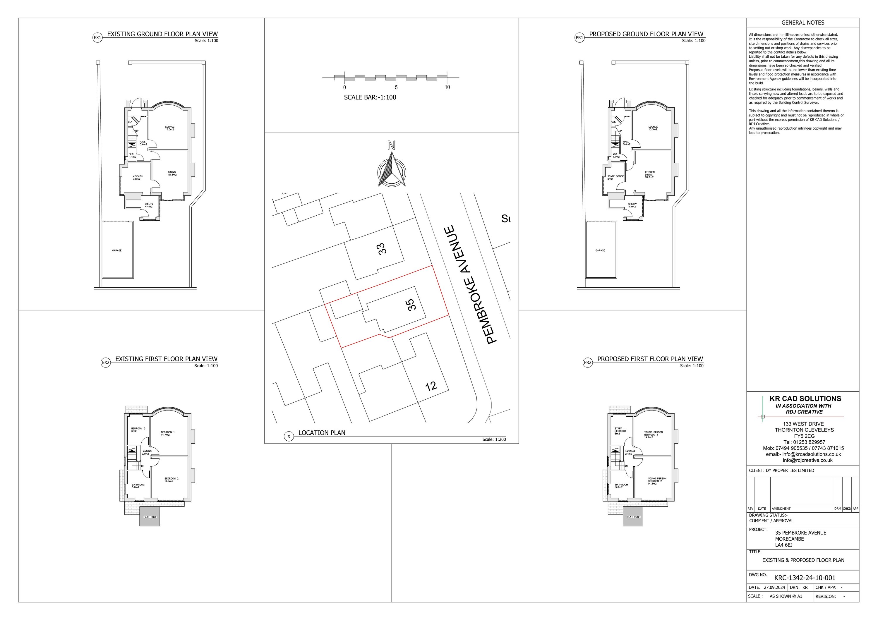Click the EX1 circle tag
[x=97, y=38]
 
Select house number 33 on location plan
[x=382, y=248]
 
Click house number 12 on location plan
[x=431, y=386]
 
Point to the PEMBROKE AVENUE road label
[x=471, y=284]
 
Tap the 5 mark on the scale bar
[x=396, y=87]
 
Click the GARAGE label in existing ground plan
[x=117, y=250]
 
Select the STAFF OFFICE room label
[x=615, y=177]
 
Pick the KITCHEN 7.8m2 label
[x=138, y=178]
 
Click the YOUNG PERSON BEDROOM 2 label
[x=657, y=481]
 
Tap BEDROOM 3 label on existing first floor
[x=138, y=430]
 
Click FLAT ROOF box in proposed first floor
[x=633, y=517]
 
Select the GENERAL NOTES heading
[x=803, y=23]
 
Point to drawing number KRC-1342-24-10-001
[x=805, y=578]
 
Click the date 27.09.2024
[x=774, y=588]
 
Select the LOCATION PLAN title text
[x=322, y=433]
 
